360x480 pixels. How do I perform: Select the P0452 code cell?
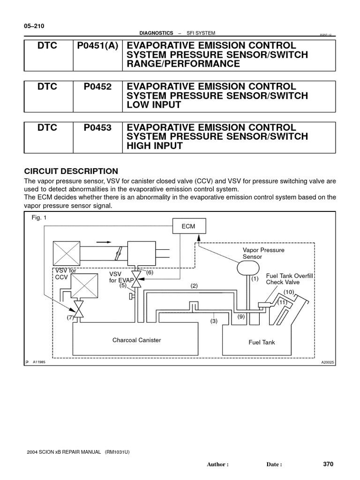coord(97,87)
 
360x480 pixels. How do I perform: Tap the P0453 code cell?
coord(97,127)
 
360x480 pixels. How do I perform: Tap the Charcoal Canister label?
coord(136,340)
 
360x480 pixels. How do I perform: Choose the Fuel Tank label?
coord(262,342)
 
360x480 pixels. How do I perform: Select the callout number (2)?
coord(194,285)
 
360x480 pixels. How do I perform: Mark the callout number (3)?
coord(214,321)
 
